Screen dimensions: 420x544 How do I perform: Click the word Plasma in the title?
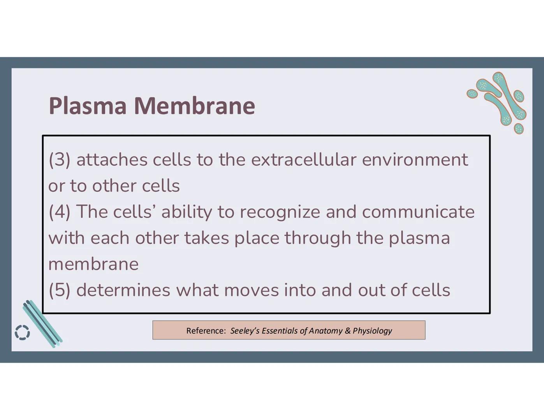tap(88, 106)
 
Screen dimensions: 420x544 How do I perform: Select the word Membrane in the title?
tap(194, 106)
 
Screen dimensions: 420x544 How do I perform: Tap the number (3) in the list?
tap(60, 160)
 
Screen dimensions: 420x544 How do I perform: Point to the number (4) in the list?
tap(60, 212)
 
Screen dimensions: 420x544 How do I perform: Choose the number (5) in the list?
tap(60, 290)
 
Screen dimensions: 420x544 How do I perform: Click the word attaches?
tap(112, 160)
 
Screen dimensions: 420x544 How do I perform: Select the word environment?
tap(415, 160)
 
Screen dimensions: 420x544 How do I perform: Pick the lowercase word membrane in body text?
tap(93, 264)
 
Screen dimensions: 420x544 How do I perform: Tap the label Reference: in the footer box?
tap(206, 331)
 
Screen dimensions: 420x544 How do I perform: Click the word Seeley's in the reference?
tap(245, 331)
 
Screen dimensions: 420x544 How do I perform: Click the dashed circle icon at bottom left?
tap(22, 332)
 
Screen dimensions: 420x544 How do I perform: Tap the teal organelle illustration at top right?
tap(499, 102)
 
